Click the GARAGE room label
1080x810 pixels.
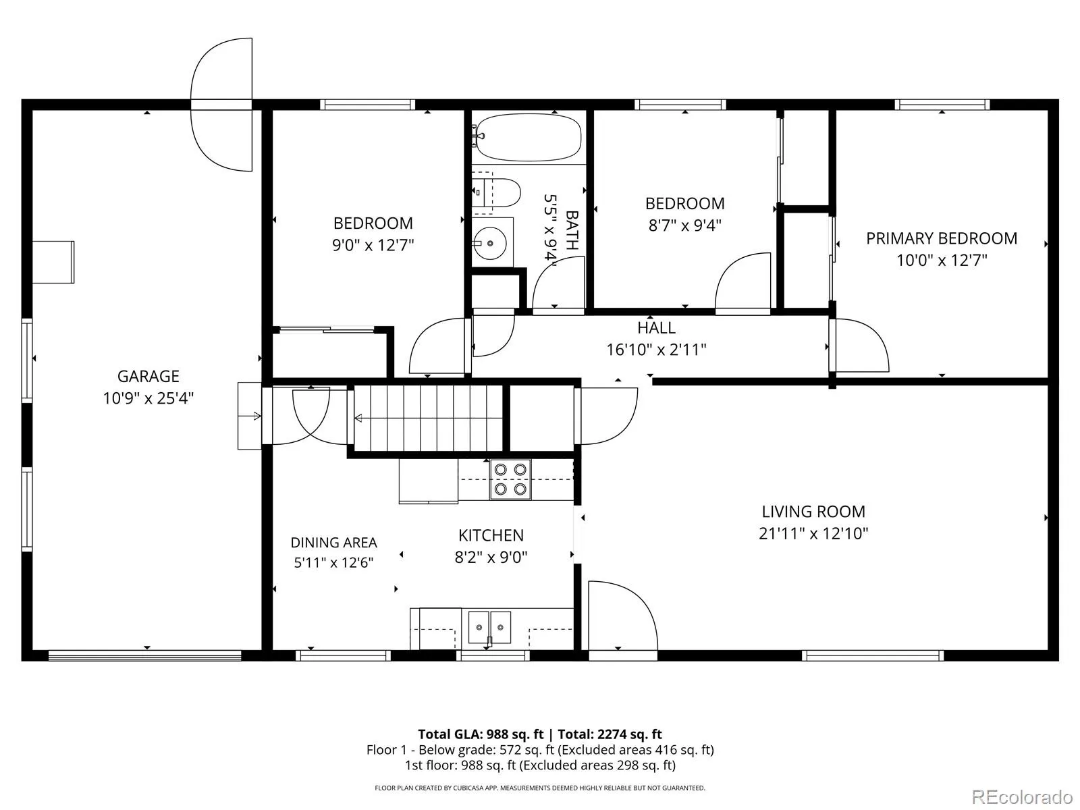pos(148,376)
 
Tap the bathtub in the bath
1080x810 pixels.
pos(528,137)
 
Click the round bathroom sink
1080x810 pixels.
pos(490,243)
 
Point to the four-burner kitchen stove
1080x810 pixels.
pos(510,479)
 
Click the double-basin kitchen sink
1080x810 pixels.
pos(489,628)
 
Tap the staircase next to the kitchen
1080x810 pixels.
pos(429,418)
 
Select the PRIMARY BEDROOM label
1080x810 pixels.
pos(941,238)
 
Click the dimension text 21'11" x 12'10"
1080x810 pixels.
pos(813,533)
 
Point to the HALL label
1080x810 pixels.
pos(656,327)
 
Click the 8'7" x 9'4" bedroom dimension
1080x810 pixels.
pos(685,225)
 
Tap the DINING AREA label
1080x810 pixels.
pos(333,543)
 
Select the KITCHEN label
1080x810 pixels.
pos(491,535)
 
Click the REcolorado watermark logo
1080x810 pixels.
pos(1023,796)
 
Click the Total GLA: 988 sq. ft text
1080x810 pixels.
pos(481,734)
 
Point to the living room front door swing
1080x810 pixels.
pos(623,616)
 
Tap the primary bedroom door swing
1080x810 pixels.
pos(859,345)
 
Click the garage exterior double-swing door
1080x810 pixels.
pos(222,105)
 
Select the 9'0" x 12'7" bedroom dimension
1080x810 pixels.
pos(373,245)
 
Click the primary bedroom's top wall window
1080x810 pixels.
pos(942,104)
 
